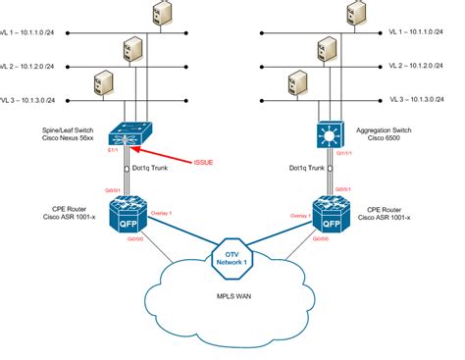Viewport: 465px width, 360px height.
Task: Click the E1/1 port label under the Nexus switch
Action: (x=117, y=148)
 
